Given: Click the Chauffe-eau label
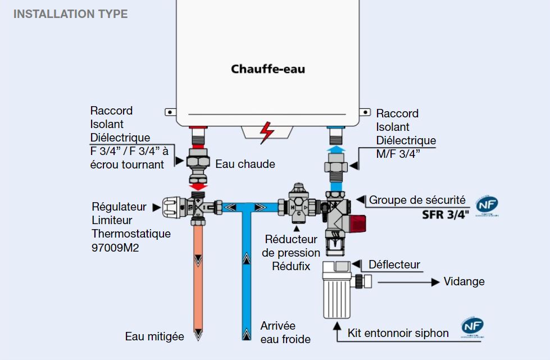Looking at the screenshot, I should click(268, 70).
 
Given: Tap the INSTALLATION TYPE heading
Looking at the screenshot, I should click(70, 14).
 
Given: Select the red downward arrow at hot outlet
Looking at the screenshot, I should click(197, 185).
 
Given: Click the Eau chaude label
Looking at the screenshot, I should click(246, 164).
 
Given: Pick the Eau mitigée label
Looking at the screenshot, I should click(154, 336).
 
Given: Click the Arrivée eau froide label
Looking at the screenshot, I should click(285, 332).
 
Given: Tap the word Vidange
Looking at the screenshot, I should click(464, 281).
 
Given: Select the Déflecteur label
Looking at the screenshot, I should click(394, 265).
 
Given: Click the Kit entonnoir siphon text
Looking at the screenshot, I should click(398, 333).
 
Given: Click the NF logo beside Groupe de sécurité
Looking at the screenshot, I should click(487, 206).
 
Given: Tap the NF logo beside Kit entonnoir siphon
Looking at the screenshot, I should click(472, 327).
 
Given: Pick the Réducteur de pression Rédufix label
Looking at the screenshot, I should click(291, 253).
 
